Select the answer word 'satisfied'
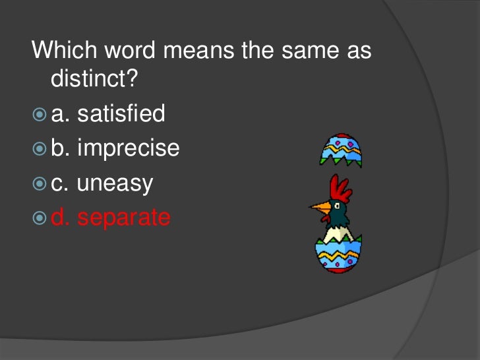point(121,114)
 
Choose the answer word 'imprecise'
point(129,148)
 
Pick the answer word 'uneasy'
point(115,183)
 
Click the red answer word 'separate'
point(124,218)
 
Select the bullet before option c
point(39,184)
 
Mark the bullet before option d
point(39,218)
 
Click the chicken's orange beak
point(320,209)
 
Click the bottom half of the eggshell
point(338,255)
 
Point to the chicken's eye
point(337,206)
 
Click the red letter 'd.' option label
point(61,218)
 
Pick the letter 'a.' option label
point(61,115)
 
